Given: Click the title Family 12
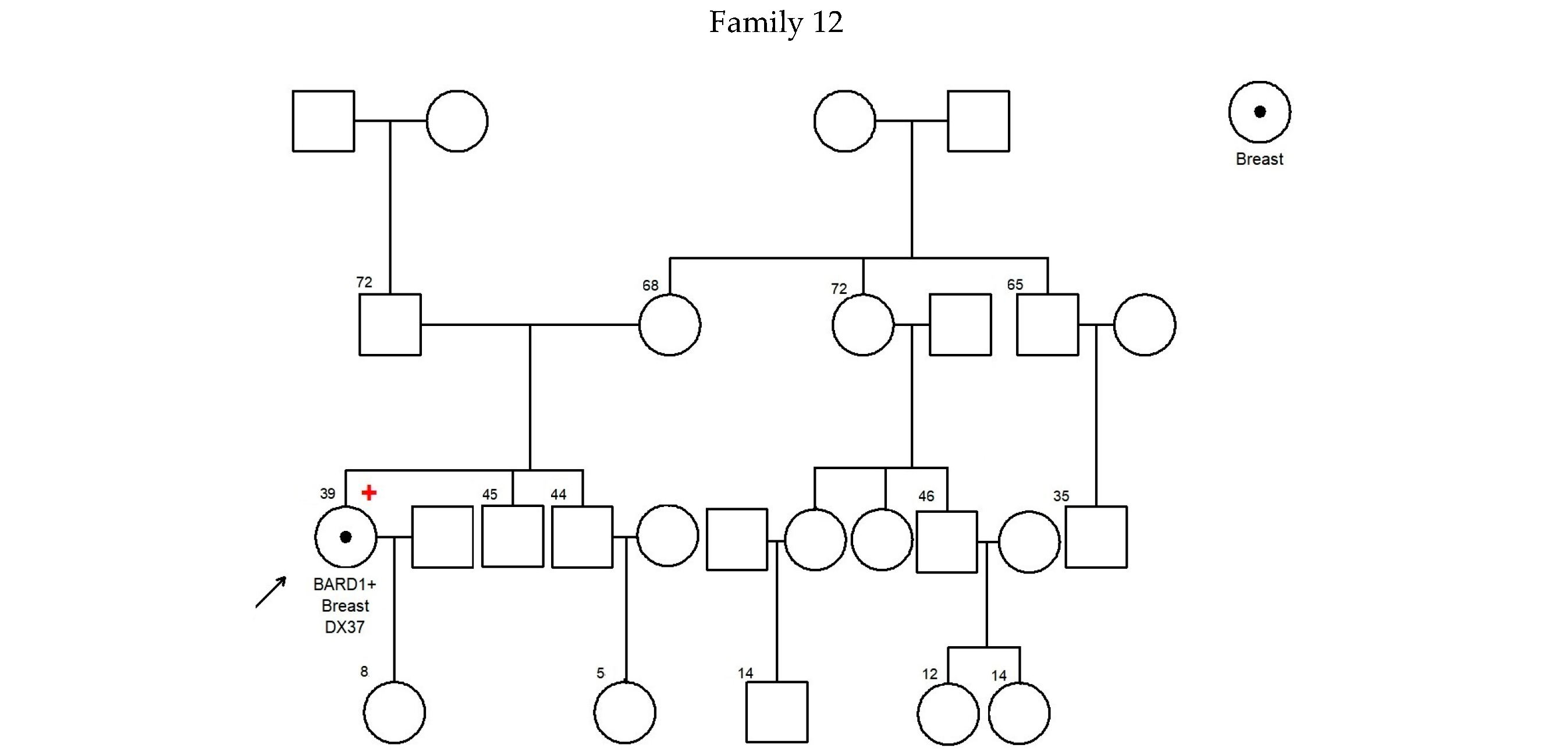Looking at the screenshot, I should pos(776,23).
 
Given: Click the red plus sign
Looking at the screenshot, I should pos(369,492).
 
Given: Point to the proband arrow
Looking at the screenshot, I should pos(271,592).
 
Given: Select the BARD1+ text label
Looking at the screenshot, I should pos(345,584).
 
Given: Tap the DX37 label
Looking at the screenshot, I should pos(345,627).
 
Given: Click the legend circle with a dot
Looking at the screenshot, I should pos(1259,112).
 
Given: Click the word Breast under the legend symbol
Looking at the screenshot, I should pos(1259,159).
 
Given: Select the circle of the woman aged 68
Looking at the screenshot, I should pos(669,325).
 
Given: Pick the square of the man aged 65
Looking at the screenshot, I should pos(1048,325).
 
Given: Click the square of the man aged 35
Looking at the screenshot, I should pos(1096,537).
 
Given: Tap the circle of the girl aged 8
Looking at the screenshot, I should pos(394,713).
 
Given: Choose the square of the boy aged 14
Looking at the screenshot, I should pos(777,713).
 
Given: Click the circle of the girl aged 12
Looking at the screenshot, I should pos(947,714).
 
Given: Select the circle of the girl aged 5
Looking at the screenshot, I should pos(625,713).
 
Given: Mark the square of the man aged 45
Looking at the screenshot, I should pos(513,536).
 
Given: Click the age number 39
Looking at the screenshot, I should pos(328,493).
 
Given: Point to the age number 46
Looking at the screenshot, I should pos(926,497).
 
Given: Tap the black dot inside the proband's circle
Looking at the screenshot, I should pos(346,537).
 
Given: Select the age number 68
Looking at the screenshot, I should pos(650,286).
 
